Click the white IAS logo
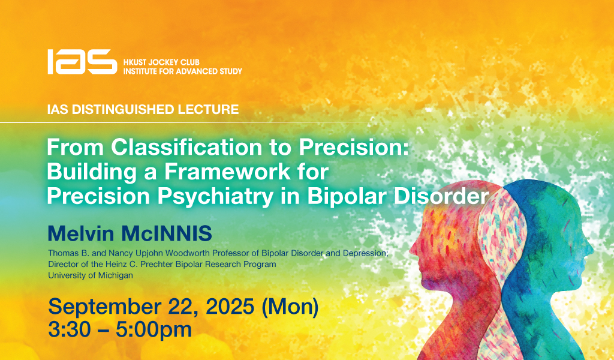tap(82, 62)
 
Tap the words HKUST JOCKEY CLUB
tap(161, 62)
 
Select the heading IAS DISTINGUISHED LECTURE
tap(143, 109)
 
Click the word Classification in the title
tap(186, 147)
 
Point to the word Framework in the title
tap(227, 172)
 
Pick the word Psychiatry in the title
tap(215, 197)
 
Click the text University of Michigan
tap(91, 275)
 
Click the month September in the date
tap(104, 307)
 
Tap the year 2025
tap(230, 307)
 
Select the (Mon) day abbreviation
tap(290, 307)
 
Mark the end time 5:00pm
tap(153, 330)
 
